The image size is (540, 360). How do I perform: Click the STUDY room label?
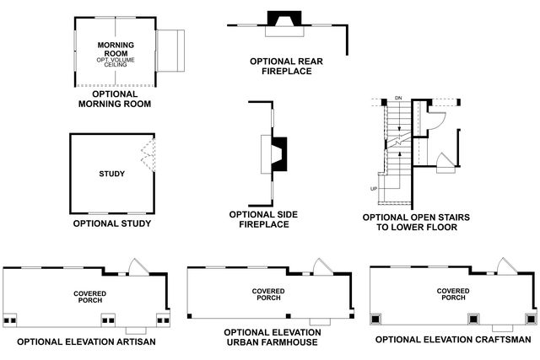coord(112,174)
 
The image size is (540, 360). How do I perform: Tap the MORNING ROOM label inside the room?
coord(116,49)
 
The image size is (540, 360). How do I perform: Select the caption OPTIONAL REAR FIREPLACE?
coord(286,66)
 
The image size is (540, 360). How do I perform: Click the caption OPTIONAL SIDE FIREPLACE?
coord(263,219)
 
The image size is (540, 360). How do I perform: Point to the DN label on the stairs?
coord(398,98)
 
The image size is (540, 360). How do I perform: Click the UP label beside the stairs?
coord(374,189)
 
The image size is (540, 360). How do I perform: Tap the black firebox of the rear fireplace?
coord(284,19)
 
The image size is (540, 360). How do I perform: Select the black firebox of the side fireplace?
coord(279,154)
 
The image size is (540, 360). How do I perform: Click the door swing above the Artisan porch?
coord(138,267)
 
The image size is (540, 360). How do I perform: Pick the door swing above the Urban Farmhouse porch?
coord(322,267)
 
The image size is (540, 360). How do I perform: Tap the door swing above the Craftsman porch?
coord(507,266)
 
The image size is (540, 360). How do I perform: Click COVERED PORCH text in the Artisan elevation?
coord(90,297)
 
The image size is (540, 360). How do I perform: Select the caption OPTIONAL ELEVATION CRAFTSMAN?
coord(453,340)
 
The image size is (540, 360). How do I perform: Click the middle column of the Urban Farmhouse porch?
coord(289,316)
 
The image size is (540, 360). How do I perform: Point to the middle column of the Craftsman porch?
coord(473,319)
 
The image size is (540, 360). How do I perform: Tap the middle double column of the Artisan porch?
coord(109,320)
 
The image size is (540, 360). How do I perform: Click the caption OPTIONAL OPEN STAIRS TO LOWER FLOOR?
coord(416,223)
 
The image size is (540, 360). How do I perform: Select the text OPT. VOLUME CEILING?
coord(116,62)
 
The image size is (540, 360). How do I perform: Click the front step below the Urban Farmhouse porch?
coord(320,322)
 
